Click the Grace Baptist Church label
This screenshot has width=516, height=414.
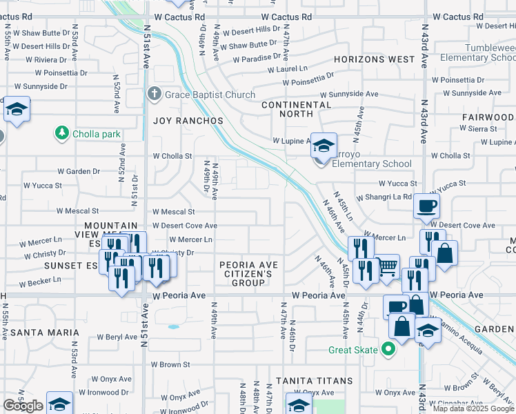tap(210, 95)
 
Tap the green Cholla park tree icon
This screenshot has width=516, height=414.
tap(62, 132)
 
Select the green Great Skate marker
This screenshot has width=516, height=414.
tap(388, 350)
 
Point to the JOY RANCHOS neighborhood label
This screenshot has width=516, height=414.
tap(188, 121)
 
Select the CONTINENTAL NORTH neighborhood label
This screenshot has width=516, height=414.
tap(296, 110)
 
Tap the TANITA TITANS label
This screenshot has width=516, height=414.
tap(314, 381)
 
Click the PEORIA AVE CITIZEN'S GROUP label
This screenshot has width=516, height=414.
tap(248, 274)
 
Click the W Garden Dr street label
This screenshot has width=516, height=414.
tap(79, 171)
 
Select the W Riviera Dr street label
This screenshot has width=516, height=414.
tap(52, 59)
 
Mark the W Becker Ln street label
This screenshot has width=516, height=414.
tap(40, 282)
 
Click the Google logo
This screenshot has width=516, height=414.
tap(23, 406)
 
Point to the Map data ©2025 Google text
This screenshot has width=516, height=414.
tap(473, 408)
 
